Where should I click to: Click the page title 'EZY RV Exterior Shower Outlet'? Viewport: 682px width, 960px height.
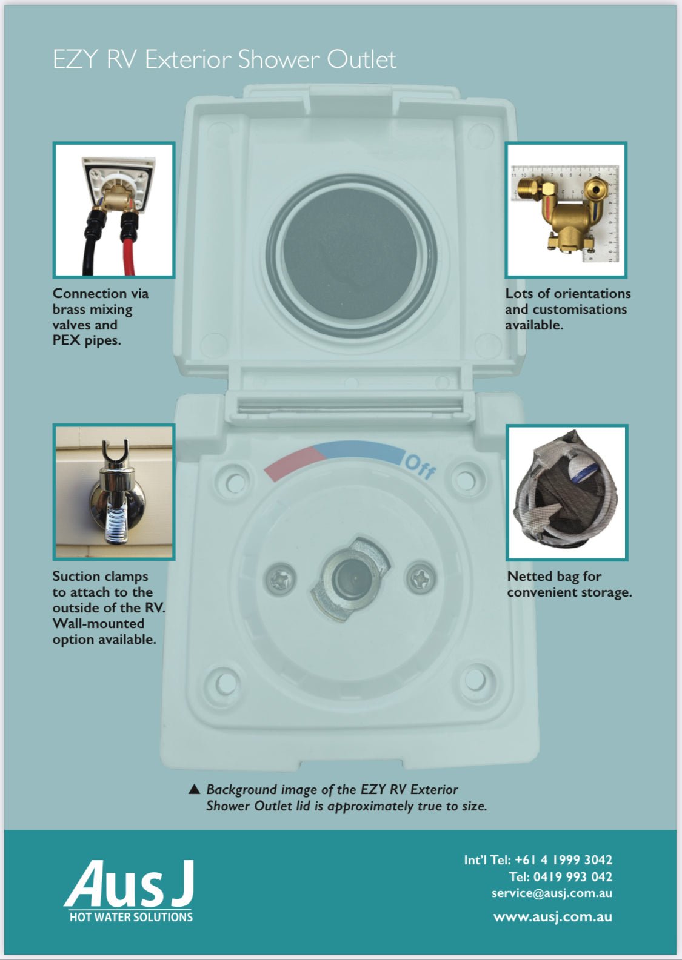pyautogui.click(x=224, y=60)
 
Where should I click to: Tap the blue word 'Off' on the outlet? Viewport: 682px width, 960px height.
pyautogui.click(x=420, y=466)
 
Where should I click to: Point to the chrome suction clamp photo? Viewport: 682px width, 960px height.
pyautogui.click(x=114, y=492)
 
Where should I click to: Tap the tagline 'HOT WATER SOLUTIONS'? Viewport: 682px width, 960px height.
pyautogui.click(x=131, y=917)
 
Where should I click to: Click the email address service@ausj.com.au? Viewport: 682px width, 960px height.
pyautogui.click(x=552, y=893)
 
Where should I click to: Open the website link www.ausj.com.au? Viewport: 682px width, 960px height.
pyautogui.click(x=552, y=916)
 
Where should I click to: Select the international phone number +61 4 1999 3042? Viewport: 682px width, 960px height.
pyautogui.click(x=563, y=859)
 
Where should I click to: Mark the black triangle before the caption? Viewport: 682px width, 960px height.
pyautogui.click(x=194, y=789)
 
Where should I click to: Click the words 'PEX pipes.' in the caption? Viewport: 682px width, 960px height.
pyautogui.click(x=87, y=340)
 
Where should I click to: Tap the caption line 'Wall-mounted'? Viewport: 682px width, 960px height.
pyautogui.click(x=98, y=623)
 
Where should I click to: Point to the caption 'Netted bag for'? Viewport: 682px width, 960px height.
pyautogui.click(x=554, y=576)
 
